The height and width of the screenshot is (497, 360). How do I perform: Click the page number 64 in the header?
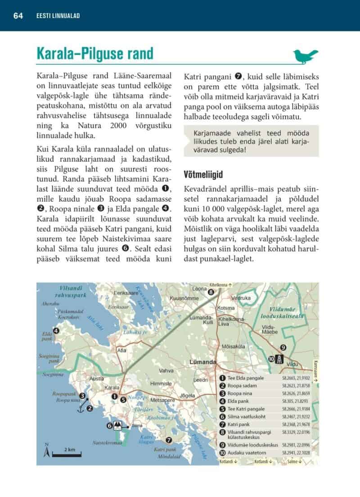(x=18, y=16)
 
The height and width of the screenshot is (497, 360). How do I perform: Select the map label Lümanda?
(x=203, y=362)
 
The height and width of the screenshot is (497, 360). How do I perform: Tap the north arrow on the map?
(x=46, y=450)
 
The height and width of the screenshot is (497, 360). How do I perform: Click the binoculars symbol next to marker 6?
(x=118, y=425)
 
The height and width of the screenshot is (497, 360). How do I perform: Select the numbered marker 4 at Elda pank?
(x=56, y=331)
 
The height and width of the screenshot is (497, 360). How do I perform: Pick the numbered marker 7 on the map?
(x=169, y=440)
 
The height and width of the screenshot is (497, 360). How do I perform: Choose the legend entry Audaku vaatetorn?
(x=246, y=452)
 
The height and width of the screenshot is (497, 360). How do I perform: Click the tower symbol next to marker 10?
(x=280, y=359)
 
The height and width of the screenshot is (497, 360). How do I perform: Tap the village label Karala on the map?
(x=112, y=388)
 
